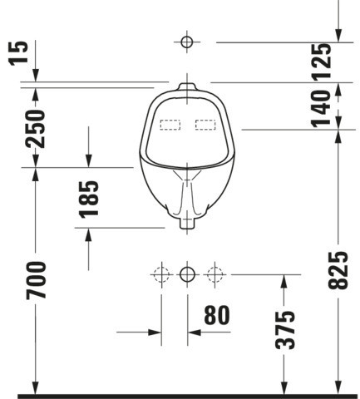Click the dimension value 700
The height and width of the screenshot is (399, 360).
(x=36, y=280)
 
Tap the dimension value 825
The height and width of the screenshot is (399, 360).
(x=338, y=270)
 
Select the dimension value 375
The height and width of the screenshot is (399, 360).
(x=285, y=330)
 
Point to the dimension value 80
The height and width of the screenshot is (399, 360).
(x=217, y=315)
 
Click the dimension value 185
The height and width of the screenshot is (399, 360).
(x=89, y=199)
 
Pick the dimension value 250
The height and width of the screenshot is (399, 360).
(x=35, y=129)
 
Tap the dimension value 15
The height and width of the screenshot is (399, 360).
(x=19, y=53)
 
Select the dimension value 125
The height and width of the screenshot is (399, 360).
(x=322, y=62)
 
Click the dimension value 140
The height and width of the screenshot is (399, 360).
(x=321, y=109)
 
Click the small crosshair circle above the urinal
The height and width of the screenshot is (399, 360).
(x=187, y=42)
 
